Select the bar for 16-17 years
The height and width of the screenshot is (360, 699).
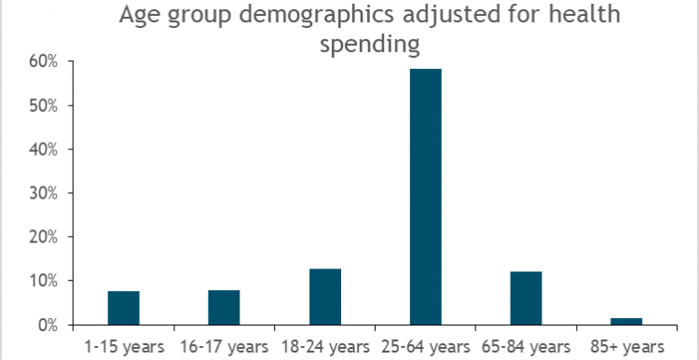pos(224,307)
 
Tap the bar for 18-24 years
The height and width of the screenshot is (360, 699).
pos(324,297)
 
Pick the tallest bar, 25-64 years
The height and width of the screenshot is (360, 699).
pos(425,197)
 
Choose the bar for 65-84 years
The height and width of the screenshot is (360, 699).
pos(526,298)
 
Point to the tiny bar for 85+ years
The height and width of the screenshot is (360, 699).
pos(626,321)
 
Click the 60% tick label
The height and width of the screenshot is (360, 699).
pos(45,62)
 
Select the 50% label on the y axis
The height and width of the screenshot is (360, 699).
pos(45,105)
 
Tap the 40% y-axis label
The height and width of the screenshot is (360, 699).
pos(45,149)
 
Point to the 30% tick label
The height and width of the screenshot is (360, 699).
pos(45,193)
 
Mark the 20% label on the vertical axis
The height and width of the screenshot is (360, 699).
pos(45,237)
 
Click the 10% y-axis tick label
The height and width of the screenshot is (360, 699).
pos(45,281)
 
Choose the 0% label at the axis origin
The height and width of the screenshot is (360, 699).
pos(48,325)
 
